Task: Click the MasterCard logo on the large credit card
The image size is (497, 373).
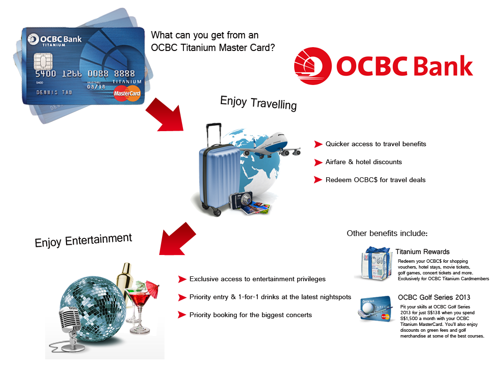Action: pos(127,93)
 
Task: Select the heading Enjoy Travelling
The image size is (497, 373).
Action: pos(258,103)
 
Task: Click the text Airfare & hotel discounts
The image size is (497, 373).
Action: pos(364,162)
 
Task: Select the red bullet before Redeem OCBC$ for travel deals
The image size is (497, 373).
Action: pos(318,180)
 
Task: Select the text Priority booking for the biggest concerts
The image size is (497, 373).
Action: pos(250,315)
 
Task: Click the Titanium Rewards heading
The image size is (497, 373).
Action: pos(422,252)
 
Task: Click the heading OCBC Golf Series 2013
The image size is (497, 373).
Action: pos(434,297)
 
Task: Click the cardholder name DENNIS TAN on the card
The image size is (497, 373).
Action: pos(54,92)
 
